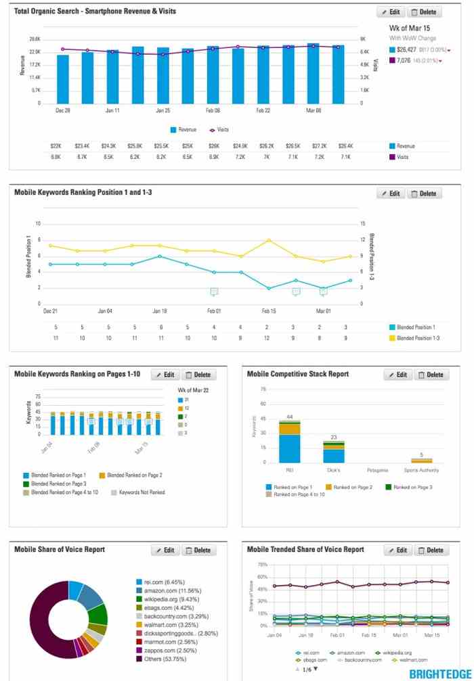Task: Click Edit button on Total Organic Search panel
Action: (390, 12)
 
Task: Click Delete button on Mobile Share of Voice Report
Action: (198, 550)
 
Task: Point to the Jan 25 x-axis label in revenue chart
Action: (163, 110)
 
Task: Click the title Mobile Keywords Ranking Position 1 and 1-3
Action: (83, 193)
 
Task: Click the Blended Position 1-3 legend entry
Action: (416, 337)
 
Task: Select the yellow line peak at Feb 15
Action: (269, 240)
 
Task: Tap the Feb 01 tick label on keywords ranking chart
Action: (213, 311)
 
